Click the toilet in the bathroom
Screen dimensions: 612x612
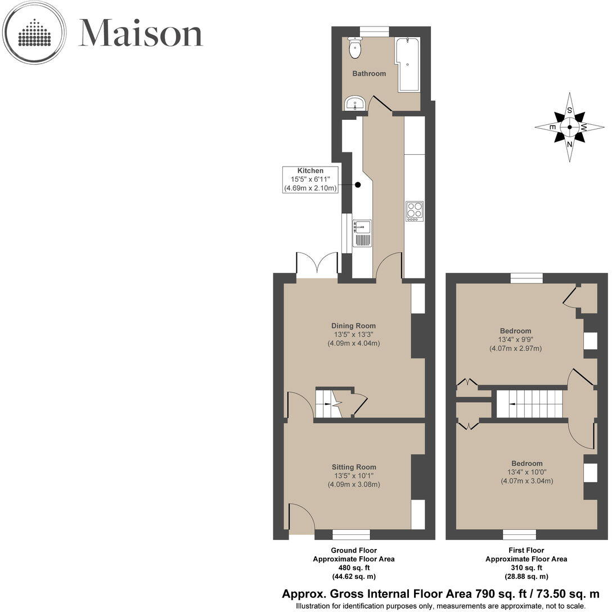point(355,48)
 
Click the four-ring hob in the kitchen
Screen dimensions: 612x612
point(415,211)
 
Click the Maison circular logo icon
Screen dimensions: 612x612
point(34,32)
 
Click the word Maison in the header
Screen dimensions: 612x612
point(140,34)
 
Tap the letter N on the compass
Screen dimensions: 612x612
point(570,144)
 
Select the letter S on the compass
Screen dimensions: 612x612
point(570,110)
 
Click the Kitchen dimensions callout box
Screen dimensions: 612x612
point(310,180)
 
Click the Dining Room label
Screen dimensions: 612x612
point(353,326)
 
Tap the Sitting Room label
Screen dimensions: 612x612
point(353,467)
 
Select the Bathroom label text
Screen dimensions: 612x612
point(369,74)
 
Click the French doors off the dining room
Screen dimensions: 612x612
point(317,265)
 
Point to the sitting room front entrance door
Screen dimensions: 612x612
point(300,517)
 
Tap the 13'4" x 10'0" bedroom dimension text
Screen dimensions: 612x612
point(526,472)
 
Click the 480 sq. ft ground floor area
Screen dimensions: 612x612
point(353,568)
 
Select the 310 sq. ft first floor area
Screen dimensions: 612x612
point(526,568)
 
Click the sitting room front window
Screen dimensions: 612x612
point(351,534)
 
